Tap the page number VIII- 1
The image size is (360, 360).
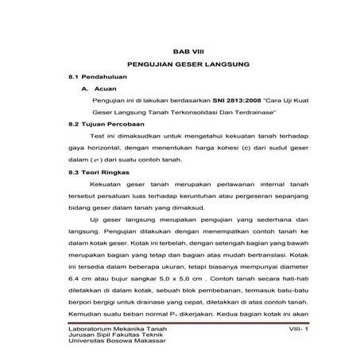[283, 327]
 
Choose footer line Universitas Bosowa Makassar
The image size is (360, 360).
[117, 342]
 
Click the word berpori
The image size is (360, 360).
[81, 303]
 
